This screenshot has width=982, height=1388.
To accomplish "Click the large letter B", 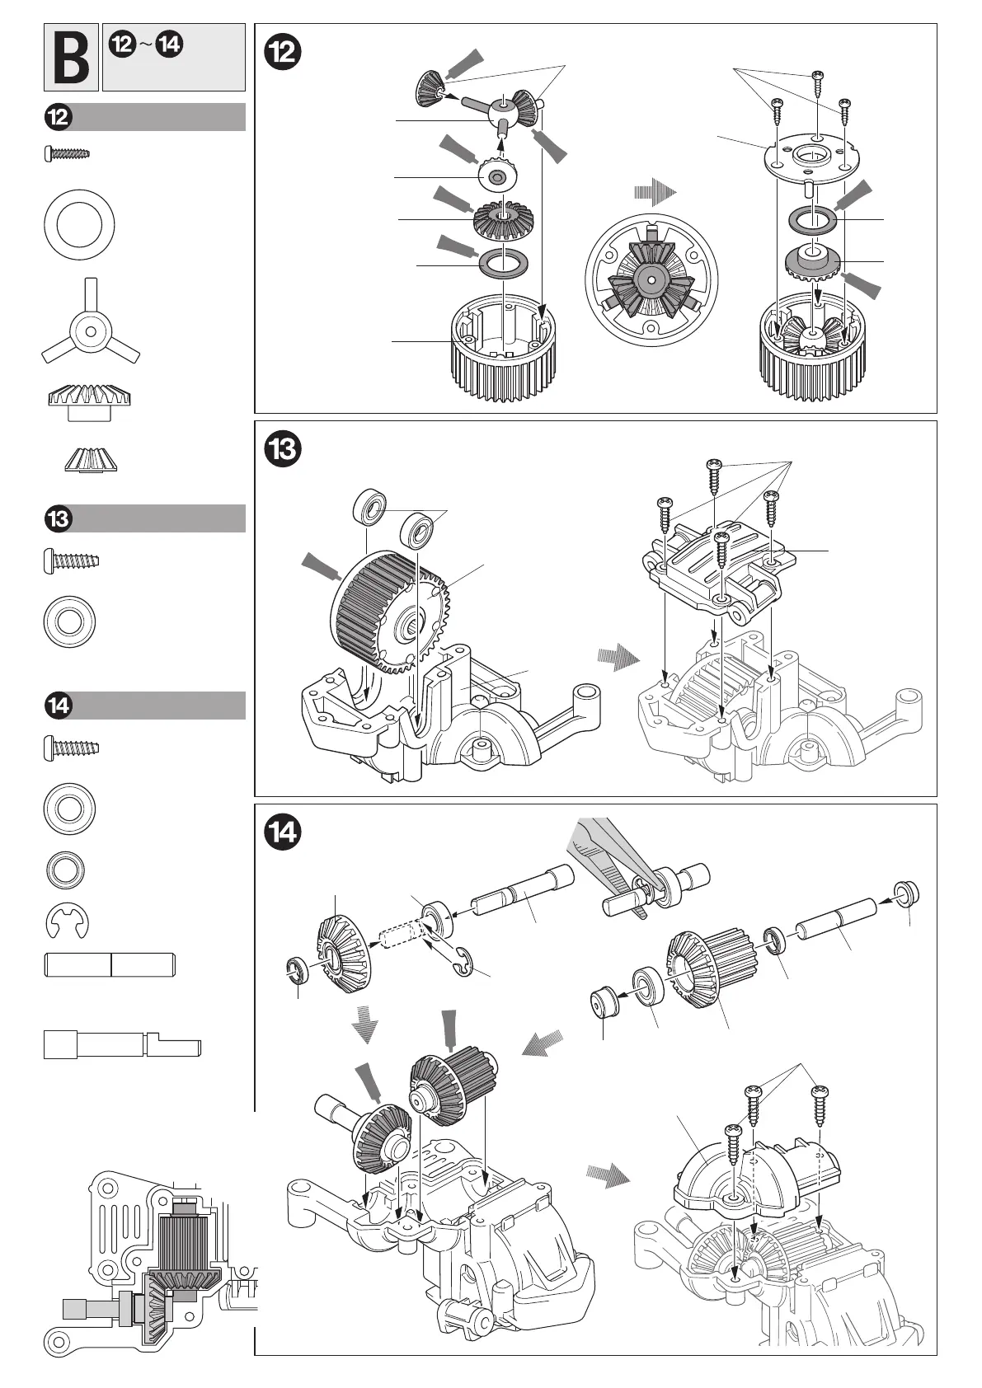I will tap(71, 58).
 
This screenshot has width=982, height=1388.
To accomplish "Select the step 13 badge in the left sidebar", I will tap(59, 519).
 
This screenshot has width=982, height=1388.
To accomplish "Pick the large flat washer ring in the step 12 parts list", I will tap(79, 224).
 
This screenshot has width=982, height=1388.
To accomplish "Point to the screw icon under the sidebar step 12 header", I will tap(66, 153).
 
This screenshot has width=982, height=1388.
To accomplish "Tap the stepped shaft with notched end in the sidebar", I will tap(122, 1047).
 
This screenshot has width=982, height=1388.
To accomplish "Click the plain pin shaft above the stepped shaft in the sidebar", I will tap(109, 965).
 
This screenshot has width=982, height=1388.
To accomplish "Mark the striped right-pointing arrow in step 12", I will tap(655, 193).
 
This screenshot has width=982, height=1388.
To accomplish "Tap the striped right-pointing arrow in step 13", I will tap(618, 658).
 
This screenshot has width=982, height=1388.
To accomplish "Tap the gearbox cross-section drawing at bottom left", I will tap(153, 1261).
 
